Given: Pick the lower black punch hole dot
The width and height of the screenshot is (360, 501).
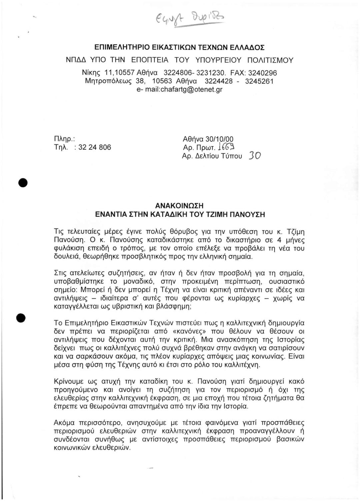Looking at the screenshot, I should (x=22, y=318).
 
